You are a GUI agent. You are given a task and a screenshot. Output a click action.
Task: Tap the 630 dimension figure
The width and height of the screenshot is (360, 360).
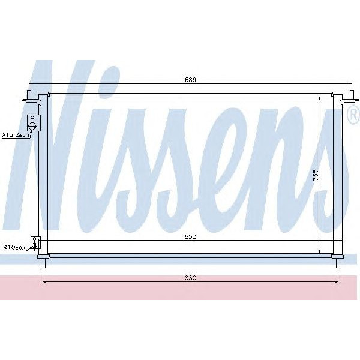pyautogui.click(x=191, y=278)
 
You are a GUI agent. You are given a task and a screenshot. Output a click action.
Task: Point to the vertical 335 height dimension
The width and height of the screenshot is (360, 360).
pyautogui.click(x=316, y=175)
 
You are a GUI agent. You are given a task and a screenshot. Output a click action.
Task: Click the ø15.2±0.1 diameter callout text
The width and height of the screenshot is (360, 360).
pyautogui.click(x=16, y=135)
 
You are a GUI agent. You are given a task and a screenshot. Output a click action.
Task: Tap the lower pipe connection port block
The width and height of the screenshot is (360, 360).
pyautogui.click(x=35, y=243)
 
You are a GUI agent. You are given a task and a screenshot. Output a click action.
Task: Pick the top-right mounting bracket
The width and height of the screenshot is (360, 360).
pyautogui.click(x=346, y=97)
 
